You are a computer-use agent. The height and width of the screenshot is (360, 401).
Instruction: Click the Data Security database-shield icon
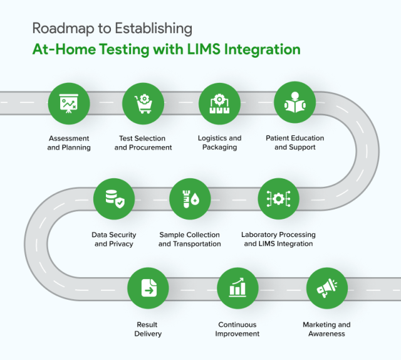pos(114,199)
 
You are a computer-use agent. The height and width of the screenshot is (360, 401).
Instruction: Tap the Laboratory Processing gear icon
pos(278,199)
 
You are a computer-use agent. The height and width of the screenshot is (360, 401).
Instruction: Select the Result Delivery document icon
pos(148,288)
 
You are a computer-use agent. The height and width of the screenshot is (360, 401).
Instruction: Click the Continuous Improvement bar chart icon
pos(237,288)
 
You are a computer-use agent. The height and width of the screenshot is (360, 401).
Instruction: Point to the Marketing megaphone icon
pos(326,288)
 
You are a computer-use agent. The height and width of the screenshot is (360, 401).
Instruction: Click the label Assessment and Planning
pos(68,143)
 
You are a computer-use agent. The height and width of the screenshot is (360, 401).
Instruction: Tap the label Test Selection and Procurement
pos(143,143)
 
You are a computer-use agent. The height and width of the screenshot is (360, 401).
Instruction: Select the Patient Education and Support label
pos(294,143)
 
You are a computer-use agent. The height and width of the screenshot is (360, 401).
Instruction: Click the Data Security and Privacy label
pos(114,239)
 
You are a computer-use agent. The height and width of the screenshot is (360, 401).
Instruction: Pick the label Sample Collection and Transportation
pos(190,239)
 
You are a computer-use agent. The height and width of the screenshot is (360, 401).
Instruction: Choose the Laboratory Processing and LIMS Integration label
pos(278,239)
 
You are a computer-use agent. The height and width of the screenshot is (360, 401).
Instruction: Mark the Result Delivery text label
pos(148,329)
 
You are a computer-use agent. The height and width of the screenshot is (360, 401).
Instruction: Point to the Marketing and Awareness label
pos(326,329)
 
